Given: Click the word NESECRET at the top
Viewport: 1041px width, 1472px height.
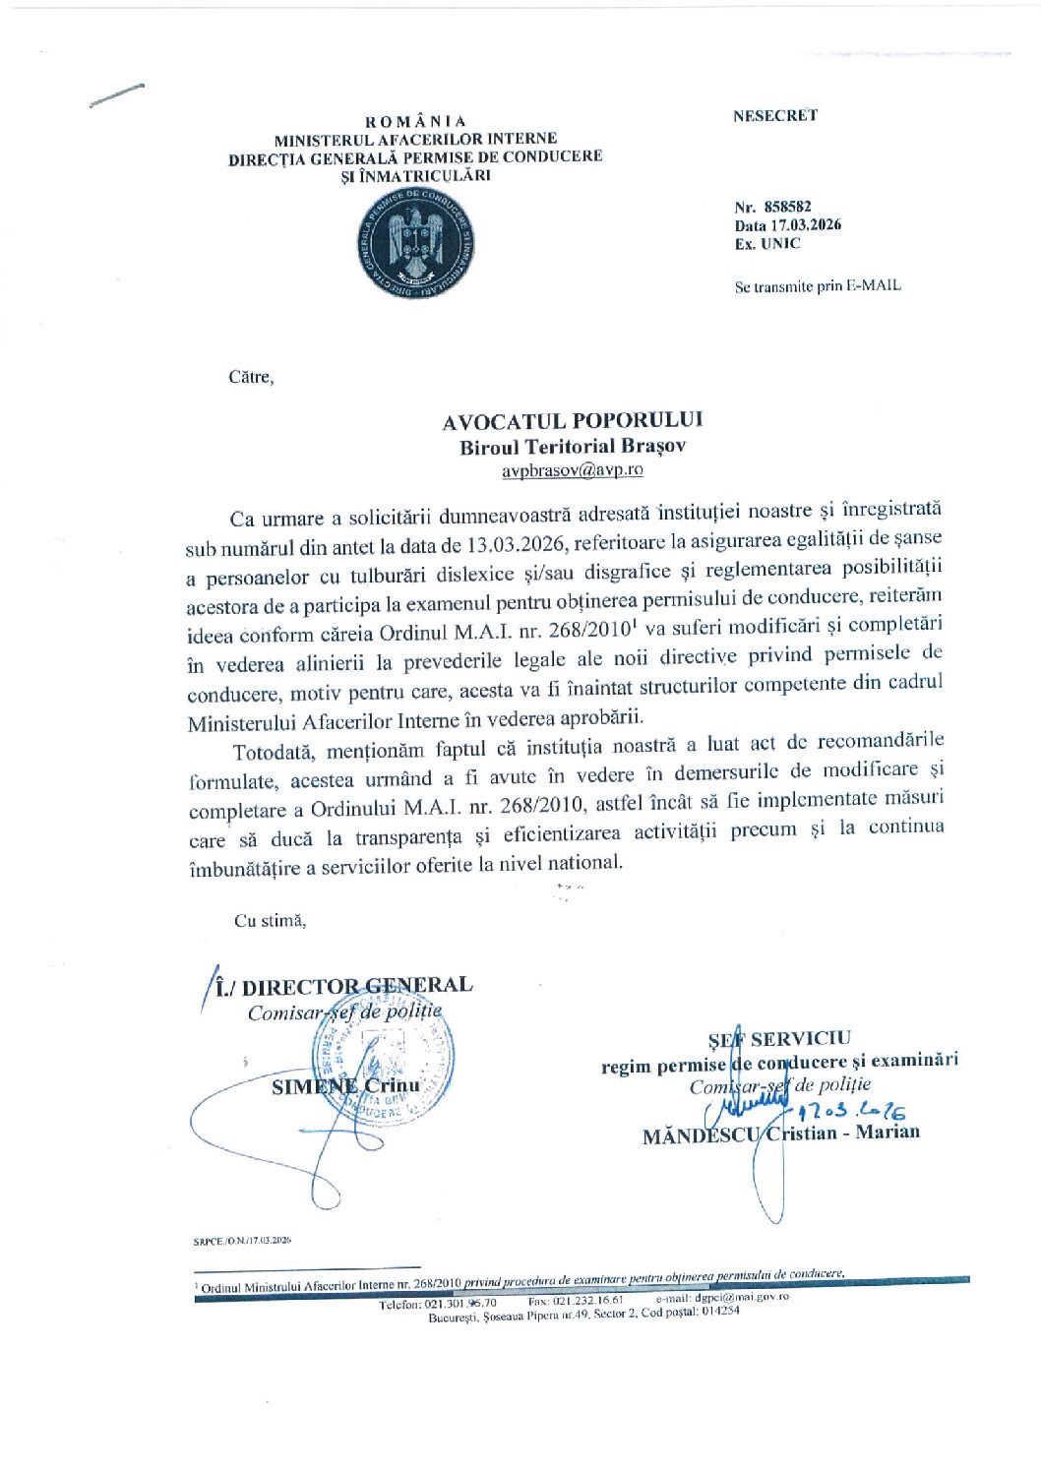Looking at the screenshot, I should [774, 115].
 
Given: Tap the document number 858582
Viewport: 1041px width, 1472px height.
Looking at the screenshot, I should [787, 207].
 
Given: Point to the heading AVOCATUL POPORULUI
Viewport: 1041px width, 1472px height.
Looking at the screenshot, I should [572, 421].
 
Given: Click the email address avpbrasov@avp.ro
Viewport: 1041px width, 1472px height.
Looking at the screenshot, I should [572, 470].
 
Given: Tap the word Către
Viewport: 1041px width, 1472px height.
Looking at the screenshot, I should [251, 377].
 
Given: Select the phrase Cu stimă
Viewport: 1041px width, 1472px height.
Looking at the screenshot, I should [270, 921].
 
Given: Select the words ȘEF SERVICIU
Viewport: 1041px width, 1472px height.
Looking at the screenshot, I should [779, 1038].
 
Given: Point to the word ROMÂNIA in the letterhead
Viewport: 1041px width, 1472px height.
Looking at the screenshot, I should [415, 122].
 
